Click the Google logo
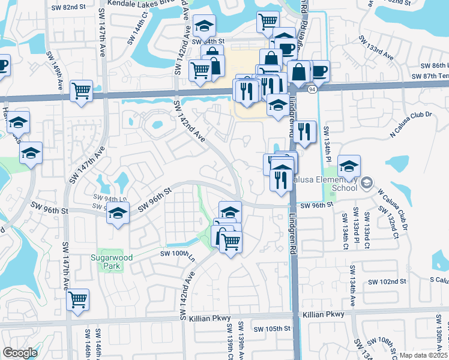20,353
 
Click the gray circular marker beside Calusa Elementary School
367,182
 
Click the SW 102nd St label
388,281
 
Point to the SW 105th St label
271,329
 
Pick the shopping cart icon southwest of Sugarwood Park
77,299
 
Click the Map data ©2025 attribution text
424,355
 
